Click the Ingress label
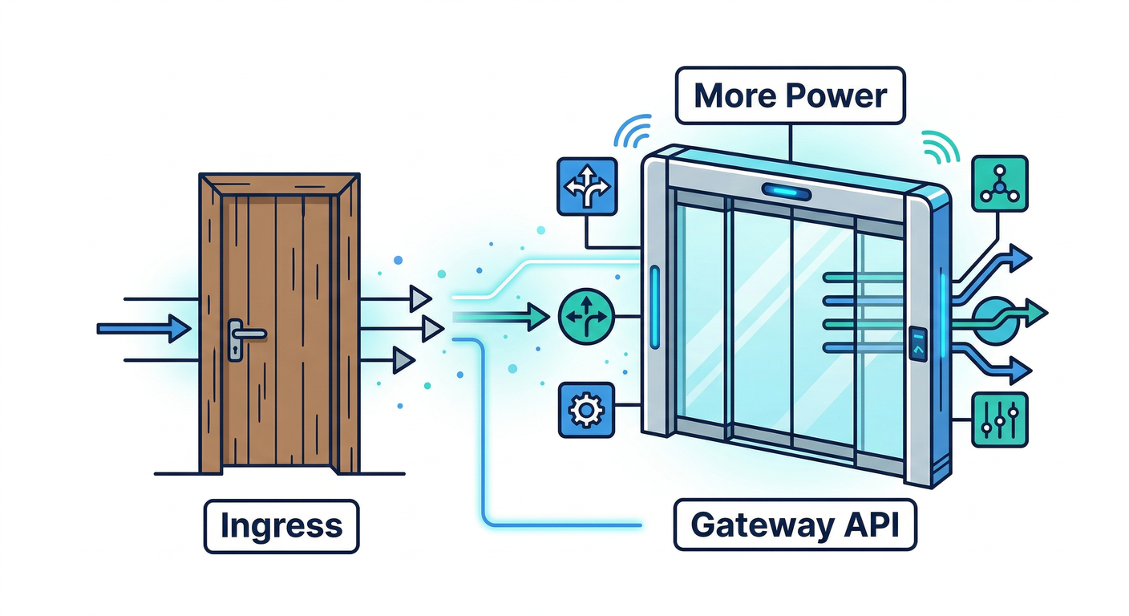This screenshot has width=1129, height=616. point(281,527)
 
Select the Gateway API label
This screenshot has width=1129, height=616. point(794,525)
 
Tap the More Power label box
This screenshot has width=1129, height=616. point(790,96)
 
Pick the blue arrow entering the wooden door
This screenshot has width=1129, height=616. point(144,328)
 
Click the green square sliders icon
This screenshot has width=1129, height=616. point(999,419)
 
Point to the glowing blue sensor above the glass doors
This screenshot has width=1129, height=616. point(785,191)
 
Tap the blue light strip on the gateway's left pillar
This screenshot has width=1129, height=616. point(655,306)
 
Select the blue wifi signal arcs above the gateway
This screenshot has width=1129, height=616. point(633,131)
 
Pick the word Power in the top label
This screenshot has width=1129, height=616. point(837,96)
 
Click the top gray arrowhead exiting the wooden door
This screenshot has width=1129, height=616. point(420,299)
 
